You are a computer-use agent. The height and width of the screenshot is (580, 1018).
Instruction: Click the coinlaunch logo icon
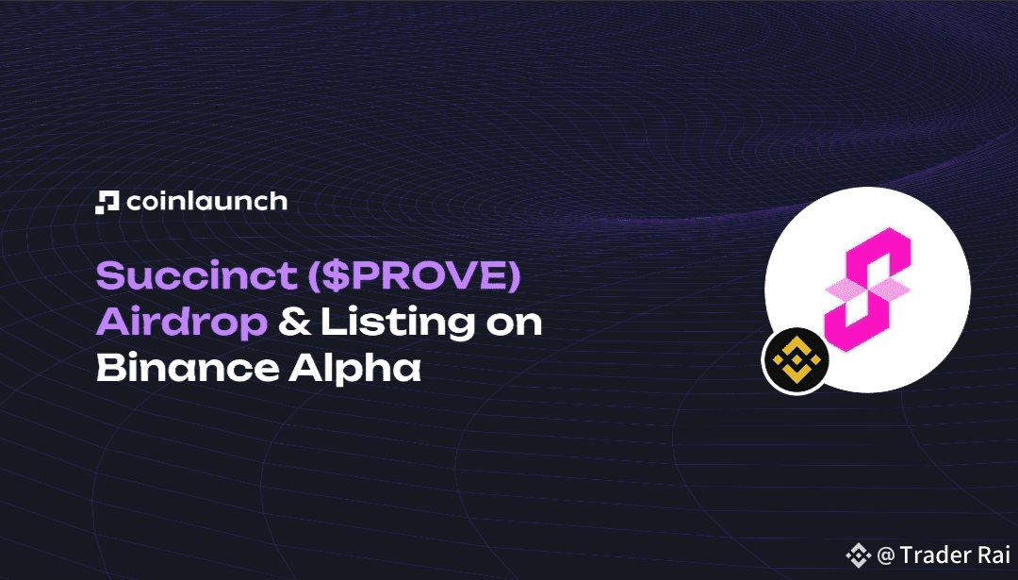click(x=107, y=202)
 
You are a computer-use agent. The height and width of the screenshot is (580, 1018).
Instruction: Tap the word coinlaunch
click(x=207, y=201)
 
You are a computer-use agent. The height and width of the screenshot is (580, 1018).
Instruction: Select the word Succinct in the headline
click(x=197, y=275)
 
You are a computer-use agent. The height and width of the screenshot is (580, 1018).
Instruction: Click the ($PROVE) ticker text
click(x=414, y=276)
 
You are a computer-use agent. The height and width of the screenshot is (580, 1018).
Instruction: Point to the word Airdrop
click(x=182, y=323)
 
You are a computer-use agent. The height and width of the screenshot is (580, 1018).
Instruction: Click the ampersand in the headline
click(x=295, y=323)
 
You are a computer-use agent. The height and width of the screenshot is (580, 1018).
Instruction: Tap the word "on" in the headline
click(x=515, y=325)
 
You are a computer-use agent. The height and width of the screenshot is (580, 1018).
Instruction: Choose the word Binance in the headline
click(x=188, y=368)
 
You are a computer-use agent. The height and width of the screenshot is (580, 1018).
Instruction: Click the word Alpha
click(x=354, y=368)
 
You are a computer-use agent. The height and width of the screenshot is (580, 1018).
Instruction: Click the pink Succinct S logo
click(x=867, y=289)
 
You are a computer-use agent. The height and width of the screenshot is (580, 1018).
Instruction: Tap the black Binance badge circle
click(x=796, y=360)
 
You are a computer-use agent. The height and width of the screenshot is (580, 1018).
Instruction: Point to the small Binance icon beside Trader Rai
click(x=859, y=555)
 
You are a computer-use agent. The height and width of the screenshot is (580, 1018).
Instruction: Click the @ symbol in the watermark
click(x=885, y=556)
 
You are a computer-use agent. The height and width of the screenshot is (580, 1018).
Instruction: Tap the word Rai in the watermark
click(x=991, y=555)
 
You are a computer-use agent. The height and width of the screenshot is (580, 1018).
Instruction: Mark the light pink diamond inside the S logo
click(x=867, y=290)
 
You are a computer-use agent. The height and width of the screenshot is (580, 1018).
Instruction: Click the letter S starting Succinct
click(x=108, y=275)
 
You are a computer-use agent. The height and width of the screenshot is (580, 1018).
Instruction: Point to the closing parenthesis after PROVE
click(x=514, y=276)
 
